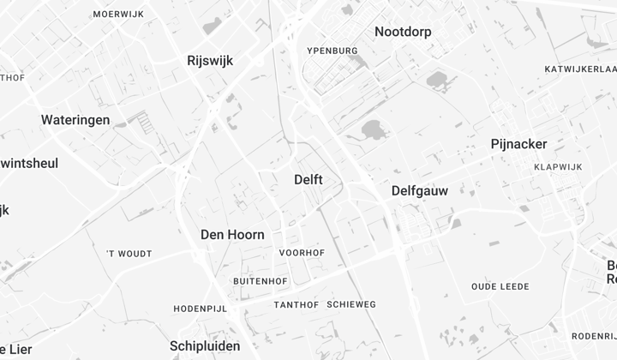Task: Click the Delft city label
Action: click(x=308, y=179)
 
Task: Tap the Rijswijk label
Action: click(x=210, y=60)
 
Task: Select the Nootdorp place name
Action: click(x=403, y=32)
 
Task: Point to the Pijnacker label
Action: click(x=518, y=144)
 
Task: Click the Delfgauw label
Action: click(x=419, y=190)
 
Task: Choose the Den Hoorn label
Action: click(x=232, y=234)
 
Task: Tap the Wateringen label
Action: click(x=75, y=120)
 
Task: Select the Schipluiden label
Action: click(x=205, y=345)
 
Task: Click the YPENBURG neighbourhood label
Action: click(x=332, y=51)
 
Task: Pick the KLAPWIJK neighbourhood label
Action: click(x=557, y=167)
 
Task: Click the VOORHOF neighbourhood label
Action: click(x=301, y=253)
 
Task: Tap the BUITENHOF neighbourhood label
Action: click(x=260, y=281)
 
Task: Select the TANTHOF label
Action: click(x=297, y=305)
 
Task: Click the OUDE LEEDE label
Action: click(x=500, y=286)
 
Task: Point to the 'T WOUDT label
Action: click(x=129, y=254)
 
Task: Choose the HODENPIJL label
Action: click(x=198, y=309)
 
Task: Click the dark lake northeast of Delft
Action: click(x=374, y=129)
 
